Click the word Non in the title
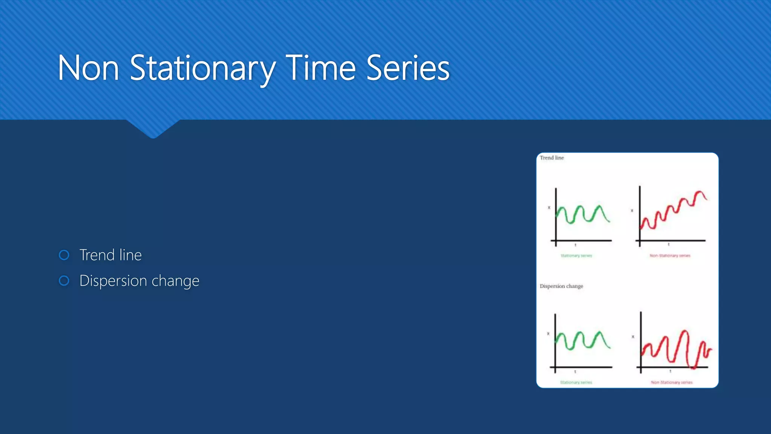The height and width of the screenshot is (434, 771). point(88,69)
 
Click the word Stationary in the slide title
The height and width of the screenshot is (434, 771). point(203,69)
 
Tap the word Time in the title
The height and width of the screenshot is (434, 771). point(320,69)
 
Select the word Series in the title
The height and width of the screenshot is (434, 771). point(408,69)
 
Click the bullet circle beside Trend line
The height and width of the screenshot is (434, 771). point(64,255)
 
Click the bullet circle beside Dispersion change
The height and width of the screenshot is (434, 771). point(64,281)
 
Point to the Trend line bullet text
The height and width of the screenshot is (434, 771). point(110,255)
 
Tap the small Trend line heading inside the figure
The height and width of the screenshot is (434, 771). point(552,158)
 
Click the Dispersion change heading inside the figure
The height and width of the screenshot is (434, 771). point(561,286)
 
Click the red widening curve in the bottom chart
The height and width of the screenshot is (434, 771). point(678,348)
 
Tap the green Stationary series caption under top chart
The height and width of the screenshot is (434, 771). point(576,256)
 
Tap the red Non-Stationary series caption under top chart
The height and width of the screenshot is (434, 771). point(670,256)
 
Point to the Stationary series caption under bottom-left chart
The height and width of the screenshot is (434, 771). point(576,382)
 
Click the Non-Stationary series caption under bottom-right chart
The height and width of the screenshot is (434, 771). point(672,382)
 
